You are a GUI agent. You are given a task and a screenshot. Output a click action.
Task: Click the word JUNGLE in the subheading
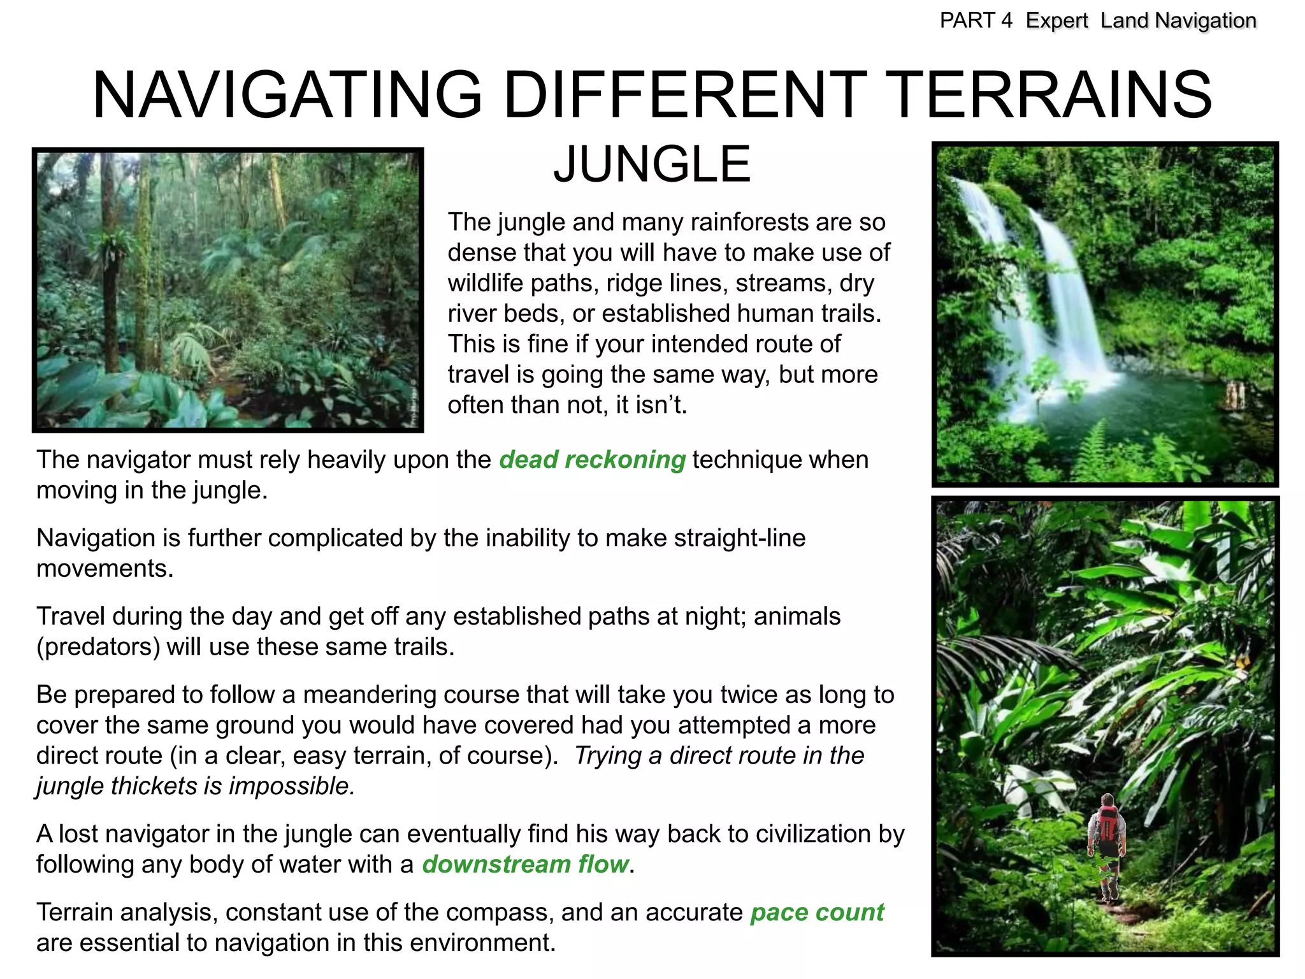pyautogui.click(x=652, y=165)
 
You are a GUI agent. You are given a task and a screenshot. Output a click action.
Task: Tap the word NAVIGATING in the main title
pyautogui.click(x=287, y=96)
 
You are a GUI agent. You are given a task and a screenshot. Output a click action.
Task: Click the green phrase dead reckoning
pyautogui.click(x=592, y=460)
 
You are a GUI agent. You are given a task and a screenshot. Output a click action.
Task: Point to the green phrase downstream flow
pyautogui.click(x=526, y=865)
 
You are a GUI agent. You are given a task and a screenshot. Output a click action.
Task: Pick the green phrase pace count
pyautogui.click(x=817, y=913)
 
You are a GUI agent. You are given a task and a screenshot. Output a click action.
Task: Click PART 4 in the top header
pyautogui.click(x=976, y=21)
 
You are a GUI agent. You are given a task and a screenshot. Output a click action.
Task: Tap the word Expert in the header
pyautogui.click(x=1056, y=21)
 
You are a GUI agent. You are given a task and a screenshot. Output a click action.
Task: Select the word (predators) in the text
pyautogui.click(x=98, y=647)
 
